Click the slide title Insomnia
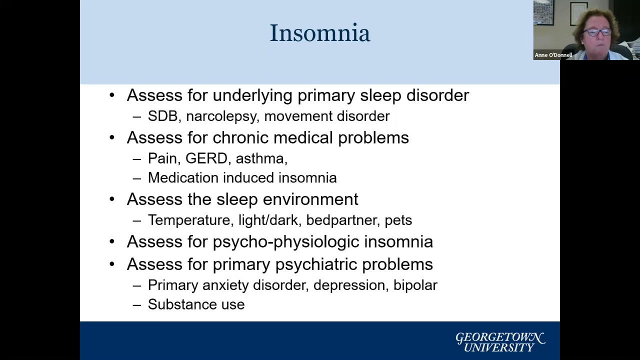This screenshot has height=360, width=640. tap(320, 33)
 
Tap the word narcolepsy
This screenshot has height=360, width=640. tap(222, 116)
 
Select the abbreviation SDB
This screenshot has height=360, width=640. tap(162, 116)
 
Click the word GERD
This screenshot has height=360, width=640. tap(206, 158)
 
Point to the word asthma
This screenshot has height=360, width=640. tap(260, 158)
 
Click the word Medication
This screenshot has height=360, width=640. tap(183, 178)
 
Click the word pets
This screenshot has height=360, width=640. tap(398, 220)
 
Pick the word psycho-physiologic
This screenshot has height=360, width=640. tap(285, 242)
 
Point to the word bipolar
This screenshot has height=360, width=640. tap(415, 285)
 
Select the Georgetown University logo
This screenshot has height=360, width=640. tap(499, 342)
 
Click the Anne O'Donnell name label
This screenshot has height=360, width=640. tap(553, 55)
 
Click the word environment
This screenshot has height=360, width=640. tap(310, 199)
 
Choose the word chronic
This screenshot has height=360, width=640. tap(240, 138)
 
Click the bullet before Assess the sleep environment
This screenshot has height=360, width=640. tap(112, 199)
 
